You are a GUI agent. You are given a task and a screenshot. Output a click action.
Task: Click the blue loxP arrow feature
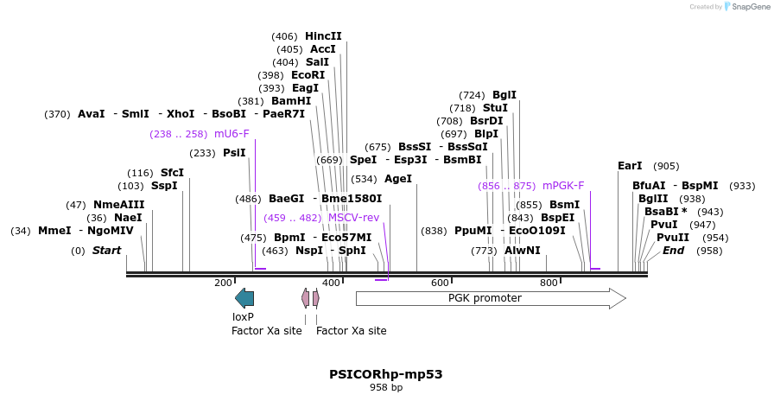[x=244, y=298]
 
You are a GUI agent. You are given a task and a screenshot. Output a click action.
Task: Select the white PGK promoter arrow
[x=490, y=298]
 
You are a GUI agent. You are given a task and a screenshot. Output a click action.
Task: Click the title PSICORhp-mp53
[x=386, y=374]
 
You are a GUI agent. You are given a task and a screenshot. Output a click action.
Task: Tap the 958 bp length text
[x=386, y=388]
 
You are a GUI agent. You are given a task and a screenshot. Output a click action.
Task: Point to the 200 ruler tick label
[x=223, y=283]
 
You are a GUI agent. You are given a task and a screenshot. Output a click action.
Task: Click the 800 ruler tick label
[x=549, y=283]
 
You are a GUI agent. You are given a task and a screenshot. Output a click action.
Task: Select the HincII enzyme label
[x=323, y=36]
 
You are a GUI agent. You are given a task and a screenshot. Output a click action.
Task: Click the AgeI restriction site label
[x=397, y=179]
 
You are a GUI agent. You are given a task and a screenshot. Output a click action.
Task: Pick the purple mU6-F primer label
[x=232, y=134]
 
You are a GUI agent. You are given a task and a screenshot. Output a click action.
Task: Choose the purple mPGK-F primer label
[x=563, y=185]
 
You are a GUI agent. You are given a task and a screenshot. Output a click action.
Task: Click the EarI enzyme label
[x=630, y=166]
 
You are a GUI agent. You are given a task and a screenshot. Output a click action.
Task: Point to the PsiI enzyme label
[x=234, y=153]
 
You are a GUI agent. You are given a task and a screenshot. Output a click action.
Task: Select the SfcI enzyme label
[x=172, y=172]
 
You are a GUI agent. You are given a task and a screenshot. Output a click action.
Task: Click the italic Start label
[x=106, y=251]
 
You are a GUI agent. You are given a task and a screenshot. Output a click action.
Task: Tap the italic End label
[x=673, y=251]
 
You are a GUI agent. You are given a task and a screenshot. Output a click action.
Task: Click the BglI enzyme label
[x=504, y=95]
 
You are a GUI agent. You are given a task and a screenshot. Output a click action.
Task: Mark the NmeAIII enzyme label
[x=119, y=205]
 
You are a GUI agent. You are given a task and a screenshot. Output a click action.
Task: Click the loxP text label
[x=243, y=317]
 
